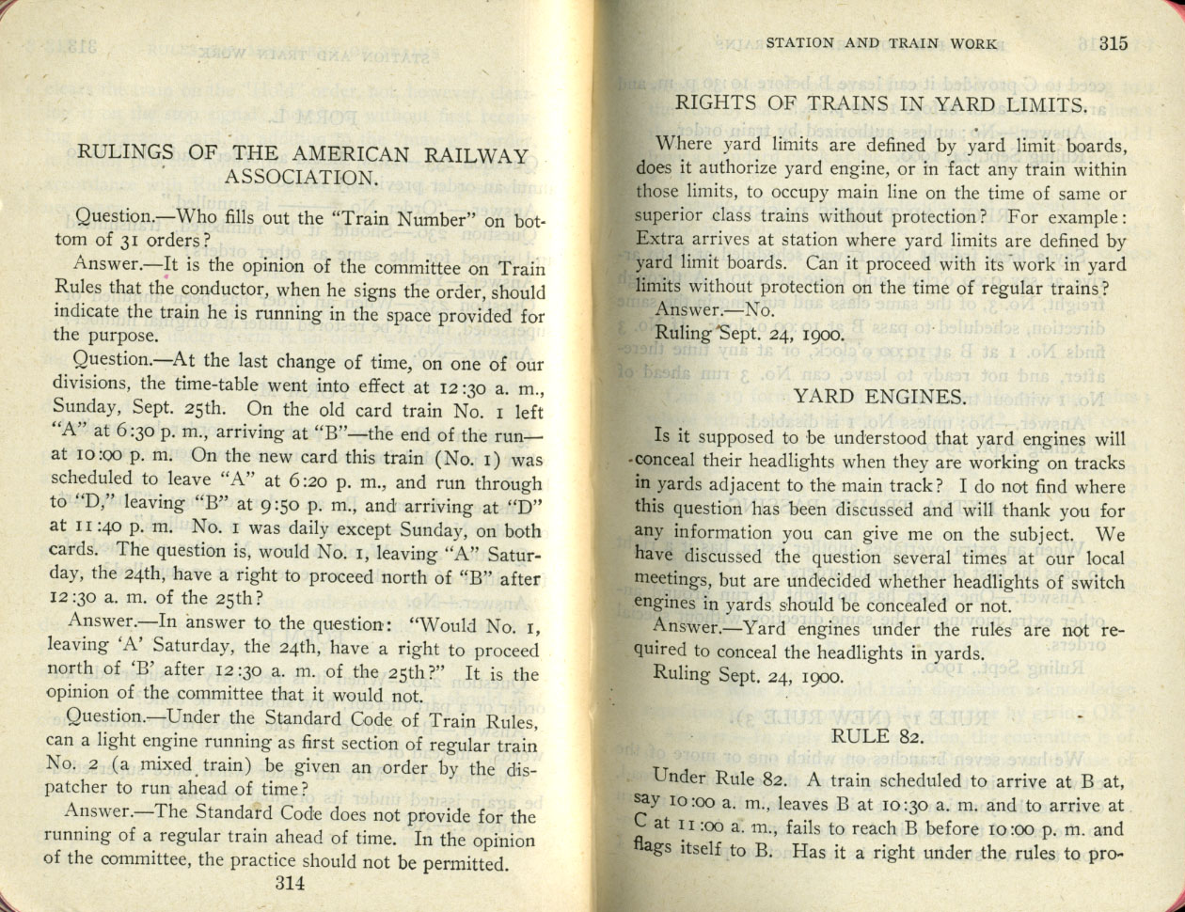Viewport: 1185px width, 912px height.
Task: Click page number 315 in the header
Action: pyautogui.click(x=1111, y=42)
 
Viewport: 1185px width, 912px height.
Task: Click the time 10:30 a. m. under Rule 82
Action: pyautogui.click(x=899, y=806)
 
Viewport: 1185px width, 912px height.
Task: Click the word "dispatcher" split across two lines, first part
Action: pyautogui.click(x=522, y=768)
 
